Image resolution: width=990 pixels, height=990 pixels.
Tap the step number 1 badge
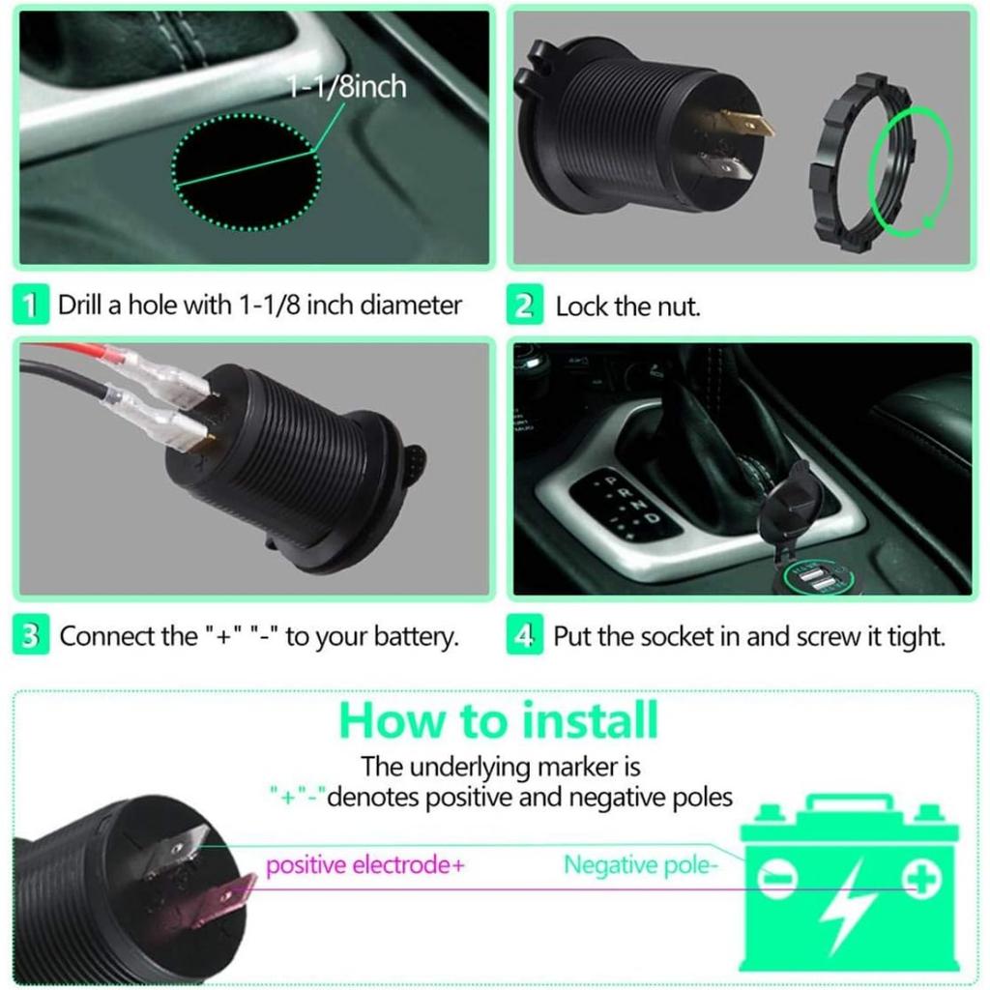(x=31, y=306)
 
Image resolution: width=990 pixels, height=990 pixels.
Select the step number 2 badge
(x=524, y=307)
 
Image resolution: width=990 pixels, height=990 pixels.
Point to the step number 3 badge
(x=31, y=636)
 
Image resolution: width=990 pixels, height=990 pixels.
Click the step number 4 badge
(x=524, y=636)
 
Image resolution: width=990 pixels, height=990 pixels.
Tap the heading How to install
(x=499, y=721)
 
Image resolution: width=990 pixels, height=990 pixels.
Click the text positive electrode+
(x=364, y=864)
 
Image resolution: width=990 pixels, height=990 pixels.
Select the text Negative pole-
(x=640, y=864)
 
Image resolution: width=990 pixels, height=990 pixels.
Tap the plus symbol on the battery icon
(x=921, y=878)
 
